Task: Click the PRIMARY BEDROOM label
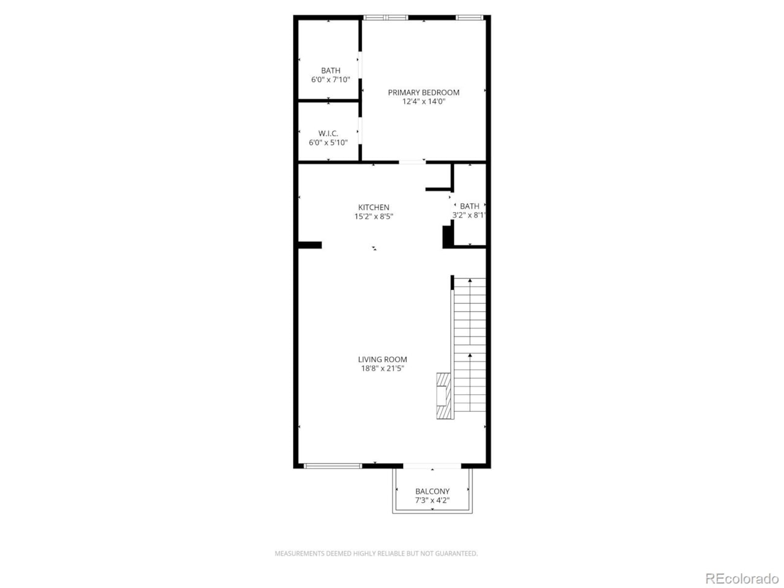(423, 92)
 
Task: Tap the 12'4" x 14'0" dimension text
(423, 102)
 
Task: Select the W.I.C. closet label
(328, 134)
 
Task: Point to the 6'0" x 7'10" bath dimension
(330, 80)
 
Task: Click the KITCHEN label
(374, 208)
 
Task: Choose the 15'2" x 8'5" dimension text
(374, 217)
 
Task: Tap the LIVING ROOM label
(382, 360)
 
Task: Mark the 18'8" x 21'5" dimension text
(382, 369)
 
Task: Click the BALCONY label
(432, 491)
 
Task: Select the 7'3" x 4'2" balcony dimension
(432, 500)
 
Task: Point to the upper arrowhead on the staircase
(470, 281)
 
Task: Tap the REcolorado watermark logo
(742, 578)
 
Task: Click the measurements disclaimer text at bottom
(376, 554)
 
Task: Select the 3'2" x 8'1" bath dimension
(469, 216)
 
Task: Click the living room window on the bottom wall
(333, 466)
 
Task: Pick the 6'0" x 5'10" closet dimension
(328, 143)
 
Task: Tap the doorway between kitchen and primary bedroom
(412, 162)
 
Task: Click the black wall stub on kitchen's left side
(309, 245)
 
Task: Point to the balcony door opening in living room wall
(432, 466)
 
